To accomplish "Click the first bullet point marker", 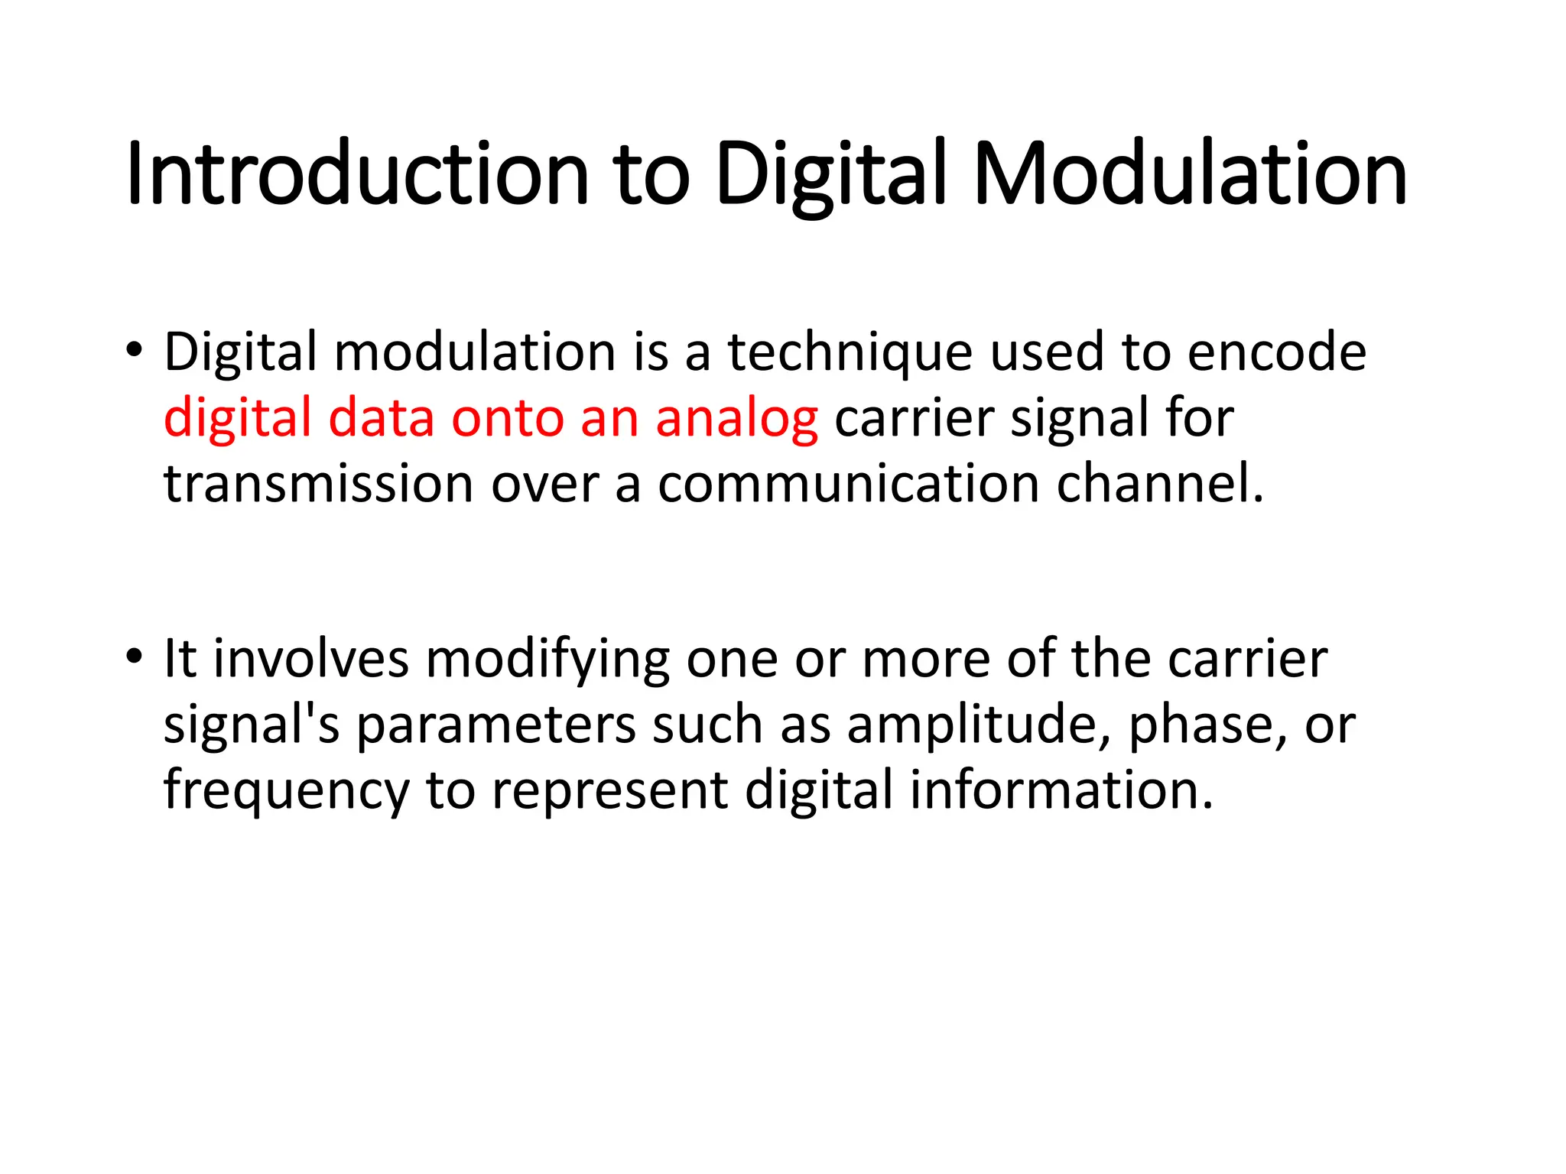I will point(135,351).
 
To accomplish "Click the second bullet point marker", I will point(135,657).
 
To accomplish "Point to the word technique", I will point(850,353).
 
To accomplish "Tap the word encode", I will point(1276,353).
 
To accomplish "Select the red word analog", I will point(736,420).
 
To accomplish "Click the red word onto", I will point(507,420).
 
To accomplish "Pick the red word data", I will point(381,420).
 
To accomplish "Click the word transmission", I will point(319,485).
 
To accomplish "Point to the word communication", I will point(848,485).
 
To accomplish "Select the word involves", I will point(310,660).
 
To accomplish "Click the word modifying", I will point(547,660).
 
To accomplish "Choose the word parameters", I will point(496,725).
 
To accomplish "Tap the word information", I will point(1061,790).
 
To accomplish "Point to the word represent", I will point(609,792).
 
